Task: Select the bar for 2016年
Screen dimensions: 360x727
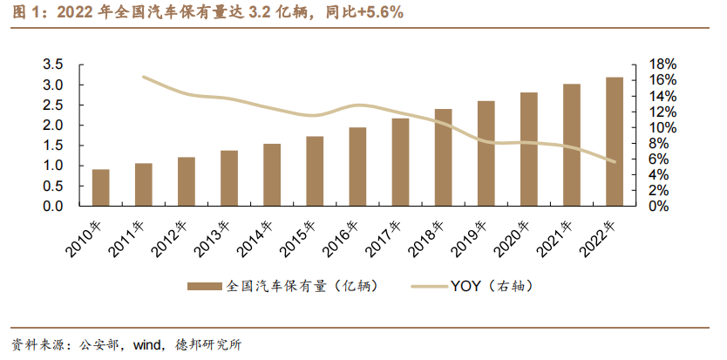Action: pyautogui.click(x=357, y=166)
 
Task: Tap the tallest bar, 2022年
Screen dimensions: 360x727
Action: pyautogui.click(x=615, y=141)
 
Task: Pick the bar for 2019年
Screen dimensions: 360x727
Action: pyautogui.click(x=486, y=153)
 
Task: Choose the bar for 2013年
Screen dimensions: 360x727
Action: pyautogui.click(x=229, y=178)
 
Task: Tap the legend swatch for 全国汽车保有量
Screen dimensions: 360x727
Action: pyautogui.click(x=205, y=286)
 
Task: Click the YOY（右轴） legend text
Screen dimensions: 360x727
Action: pyautogui.click(x=491, y=286)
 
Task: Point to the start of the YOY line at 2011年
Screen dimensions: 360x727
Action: pyautogui.click(x=144, y=78)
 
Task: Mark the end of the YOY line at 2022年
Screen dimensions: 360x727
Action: pyautogui.click(x=615, y=161)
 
